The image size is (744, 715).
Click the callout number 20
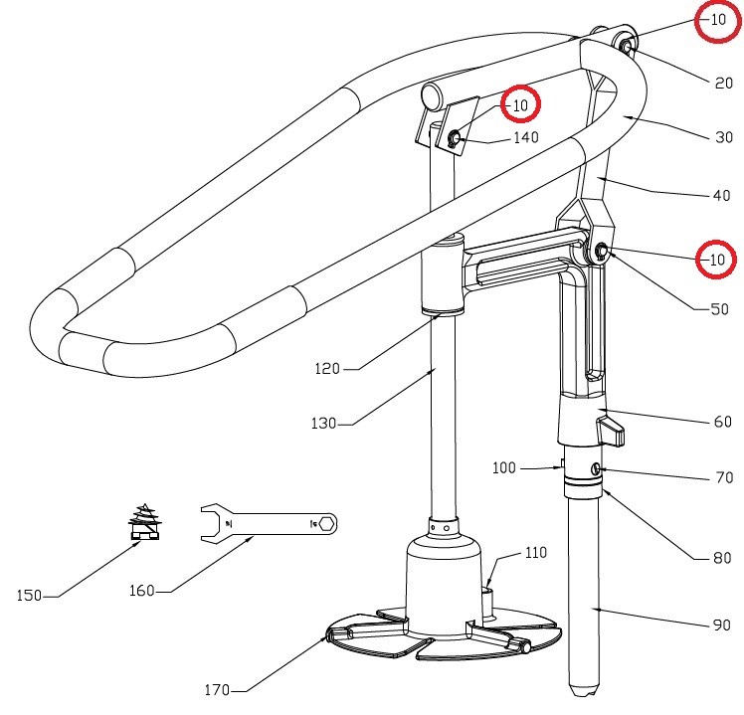point(723,84)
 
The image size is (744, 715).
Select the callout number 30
point(723,138)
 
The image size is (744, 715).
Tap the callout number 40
point(721,196)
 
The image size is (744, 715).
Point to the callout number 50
point(719,309)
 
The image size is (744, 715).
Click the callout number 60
point(722,423)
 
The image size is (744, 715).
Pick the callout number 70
point(724,478)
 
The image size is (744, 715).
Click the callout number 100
point(504,467)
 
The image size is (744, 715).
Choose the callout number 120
point(328,369)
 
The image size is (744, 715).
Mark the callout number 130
point(323,424)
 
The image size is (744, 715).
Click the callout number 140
point(526,138)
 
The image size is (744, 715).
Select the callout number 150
point(30,596)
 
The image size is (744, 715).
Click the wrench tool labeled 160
point(269,521)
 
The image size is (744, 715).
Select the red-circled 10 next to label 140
point(519,103)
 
